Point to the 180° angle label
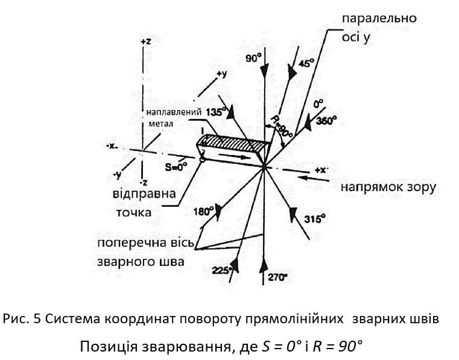203,212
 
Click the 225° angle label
222,271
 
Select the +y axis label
221,74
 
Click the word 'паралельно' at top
379,18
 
